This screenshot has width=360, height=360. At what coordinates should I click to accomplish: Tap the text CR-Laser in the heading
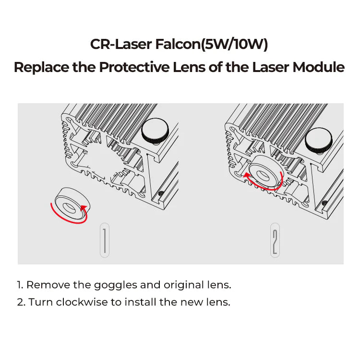click(120, 45)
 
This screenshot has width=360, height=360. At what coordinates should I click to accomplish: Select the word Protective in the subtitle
click(134, 67)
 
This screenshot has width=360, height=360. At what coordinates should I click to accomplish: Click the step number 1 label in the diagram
click(105, 240)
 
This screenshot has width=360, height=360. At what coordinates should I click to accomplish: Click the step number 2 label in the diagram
click(275, 240)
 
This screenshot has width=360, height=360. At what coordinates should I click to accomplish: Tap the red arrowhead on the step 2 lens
click(246, 176)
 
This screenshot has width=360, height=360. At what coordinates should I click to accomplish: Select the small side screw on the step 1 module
click(160, 194)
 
